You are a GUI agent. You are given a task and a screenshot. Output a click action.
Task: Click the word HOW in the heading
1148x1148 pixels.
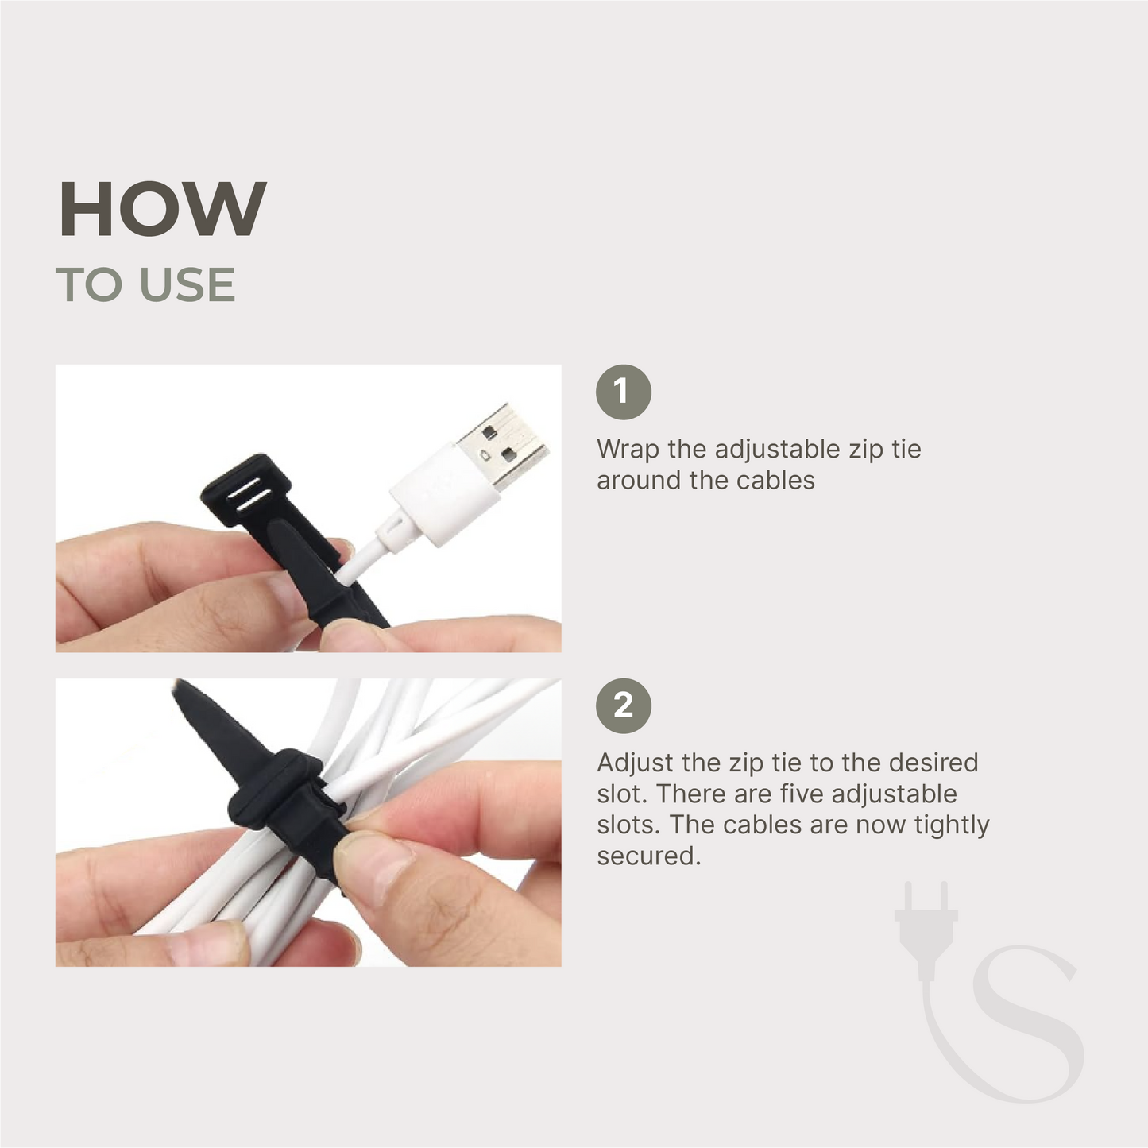[162, 209]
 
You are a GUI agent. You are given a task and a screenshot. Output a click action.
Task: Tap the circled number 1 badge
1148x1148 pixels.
[624, 392]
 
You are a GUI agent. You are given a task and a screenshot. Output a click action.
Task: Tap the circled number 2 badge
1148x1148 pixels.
[624, 705]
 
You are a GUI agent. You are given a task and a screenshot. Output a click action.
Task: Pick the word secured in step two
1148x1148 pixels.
[647, 856]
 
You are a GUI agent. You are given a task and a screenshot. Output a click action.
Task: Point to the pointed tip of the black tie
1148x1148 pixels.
[184, 690]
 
